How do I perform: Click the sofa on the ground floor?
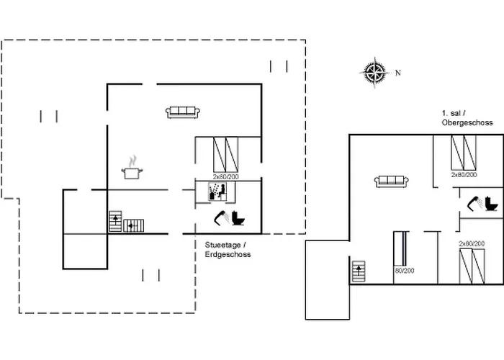coord(182,112)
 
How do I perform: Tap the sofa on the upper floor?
coord(392,181)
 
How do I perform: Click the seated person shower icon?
coord(217,191)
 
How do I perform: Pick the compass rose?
coord(374,71)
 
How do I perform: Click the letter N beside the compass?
coord(397,72)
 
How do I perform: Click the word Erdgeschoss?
coord(228,254)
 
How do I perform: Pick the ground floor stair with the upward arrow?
coord(114,220)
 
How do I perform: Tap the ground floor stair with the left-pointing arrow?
coord(134,225)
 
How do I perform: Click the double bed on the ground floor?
coord(225,153)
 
